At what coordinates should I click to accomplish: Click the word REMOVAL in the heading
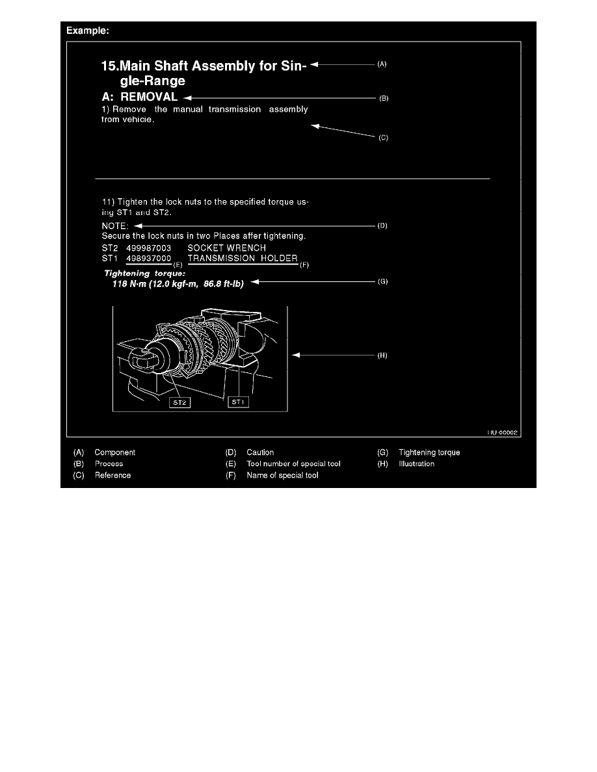pyautogui.click(x=149, y=96)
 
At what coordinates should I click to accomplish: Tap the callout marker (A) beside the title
pyautogui.click(x=382, y=64)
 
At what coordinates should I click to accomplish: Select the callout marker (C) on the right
pyautogui.click(x=384, y=138)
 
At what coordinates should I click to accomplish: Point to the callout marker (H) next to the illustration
pyautogui.click(x=383, y=355)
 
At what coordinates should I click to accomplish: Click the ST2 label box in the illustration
pyautogui.click(x=179, y=403)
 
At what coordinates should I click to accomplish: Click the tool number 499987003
pyautogui.click(x=148, y=248)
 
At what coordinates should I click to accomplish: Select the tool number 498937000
pyautogui.click(x=148, y=258)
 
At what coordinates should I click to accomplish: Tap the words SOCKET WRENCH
pyautogui.click(x=226, y=248)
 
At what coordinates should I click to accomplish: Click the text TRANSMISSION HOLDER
pyautogui.click(x=243, y=258)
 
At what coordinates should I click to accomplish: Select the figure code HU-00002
pyautogui.click(x=503, y=431)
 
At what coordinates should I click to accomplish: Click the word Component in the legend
pyautogui.click(x=115, y=452)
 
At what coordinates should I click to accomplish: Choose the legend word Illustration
pyautogui.click(x=417, y=464)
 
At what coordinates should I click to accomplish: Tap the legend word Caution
pyautogui.click(x=260, y=452)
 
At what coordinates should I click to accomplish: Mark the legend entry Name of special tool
pyautogui.click(x=282, y=475)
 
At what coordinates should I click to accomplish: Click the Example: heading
pyautogui.click(x=85, y=31)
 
